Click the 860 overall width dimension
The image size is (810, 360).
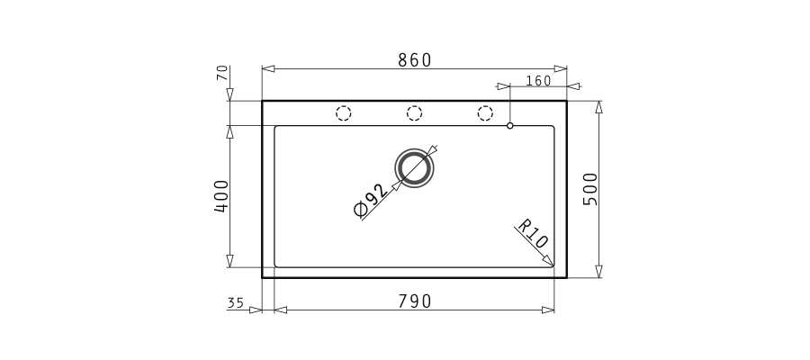[x=414, y=60]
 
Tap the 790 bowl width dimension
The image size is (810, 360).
[x=414, y=301]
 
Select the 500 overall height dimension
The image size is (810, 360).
[x=589, y=189]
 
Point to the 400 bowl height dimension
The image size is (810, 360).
[x=221, y=196]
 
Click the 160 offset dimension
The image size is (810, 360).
[x=539, y=81]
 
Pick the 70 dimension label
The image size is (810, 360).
[x=222, y=73]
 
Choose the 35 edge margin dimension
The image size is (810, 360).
[x=236, y=302]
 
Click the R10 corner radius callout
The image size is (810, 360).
[x=533, y=234]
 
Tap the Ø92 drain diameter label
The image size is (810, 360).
[x=370, y=201]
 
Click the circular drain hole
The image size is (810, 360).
[x=414, y=168]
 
